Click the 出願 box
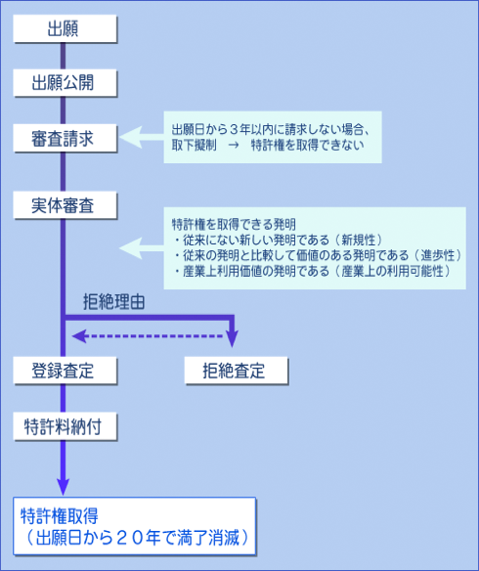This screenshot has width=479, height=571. click(x=65, y=28)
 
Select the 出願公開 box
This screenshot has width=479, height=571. click(x=65, y=83)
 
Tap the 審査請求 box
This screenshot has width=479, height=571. click(x=65, y=138)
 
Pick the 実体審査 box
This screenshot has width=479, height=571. click(x=65, y=205)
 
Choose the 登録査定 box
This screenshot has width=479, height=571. click(x=65, y=371)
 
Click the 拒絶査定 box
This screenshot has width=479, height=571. click(x=237, y=371)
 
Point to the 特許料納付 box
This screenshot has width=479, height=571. click(x=65, y=426)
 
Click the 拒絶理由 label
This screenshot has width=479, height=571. click(x=114, y=302)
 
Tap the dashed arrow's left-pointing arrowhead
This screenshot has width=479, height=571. click(x=79, y=335)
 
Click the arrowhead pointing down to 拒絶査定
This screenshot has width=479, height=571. click(x=232, y=338)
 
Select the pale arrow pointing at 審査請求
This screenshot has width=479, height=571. click(x=141, y=137)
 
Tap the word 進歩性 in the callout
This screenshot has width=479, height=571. click(x=438, y=255)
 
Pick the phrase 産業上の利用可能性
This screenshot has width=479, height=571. click(x=392, y=271)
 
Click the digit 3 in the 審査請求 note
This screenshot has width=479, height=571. click(x=234, y=129)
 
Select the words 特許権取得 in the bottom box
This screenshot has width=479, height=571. click(x=60, y=516)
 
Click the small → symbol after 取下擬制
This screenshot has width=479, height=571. click(x=234, y=146)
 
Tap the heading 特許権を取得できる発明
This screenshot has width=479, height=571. click(x=234, y=224)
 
